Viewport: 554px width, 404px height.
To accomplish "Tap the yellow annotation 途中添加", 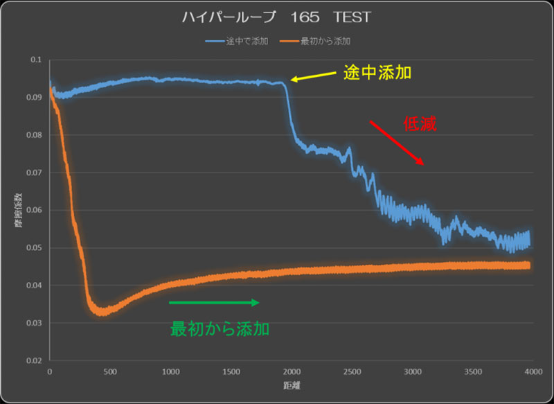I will click(377, 72).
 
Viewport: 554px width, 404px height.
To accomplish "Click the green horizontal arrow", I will click(214, 302).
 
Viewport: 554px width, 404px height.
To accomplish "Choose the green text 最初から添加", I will click(220, 328).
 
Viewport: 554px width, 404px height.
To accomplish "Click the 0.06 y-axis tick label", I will click(33, 210).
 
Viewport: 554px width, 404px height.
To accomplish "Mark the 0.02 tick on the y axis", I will click(33, 360).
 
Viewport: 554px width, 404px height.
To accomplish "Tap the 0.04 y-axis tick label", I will click(33, 286).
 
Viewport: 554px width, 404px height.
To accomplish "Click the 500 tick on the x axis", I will click(110, 371).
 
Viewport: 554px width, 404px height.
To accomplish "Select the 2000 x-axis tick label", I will click(292, 371).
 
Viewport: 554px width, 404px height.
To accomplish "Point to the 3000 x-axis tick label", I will click(412, 371).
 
